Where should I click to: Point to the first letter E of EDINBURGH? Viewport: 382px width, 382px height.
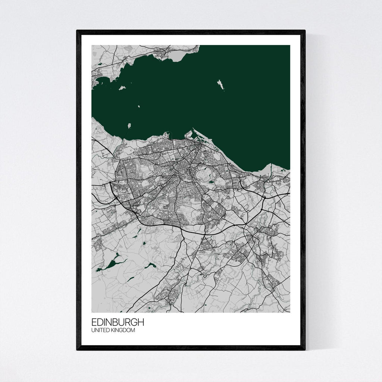pyautogui.click(x=94, y=322)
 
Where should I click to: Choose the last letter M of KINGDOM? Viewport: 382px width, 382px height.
pyautogui.click(x=133, y=330)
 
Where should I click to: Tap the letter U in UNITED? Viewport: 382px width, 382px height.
pyautogui.click(x=93, y=330)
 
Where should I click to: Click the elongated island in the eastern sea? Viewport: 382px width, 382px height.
pyautogui.click(x=221, y=85)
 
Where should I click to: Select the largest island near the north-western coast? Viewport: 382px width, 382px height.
pyautogui.click(x=122, y=88)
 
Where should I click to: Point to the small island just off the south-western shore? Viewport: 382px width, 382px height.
pyautogui.click(x=129, y=126)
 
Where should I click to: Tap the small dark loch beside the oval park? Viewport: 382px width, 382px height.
pyautogui.click(x=212, y=182)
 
